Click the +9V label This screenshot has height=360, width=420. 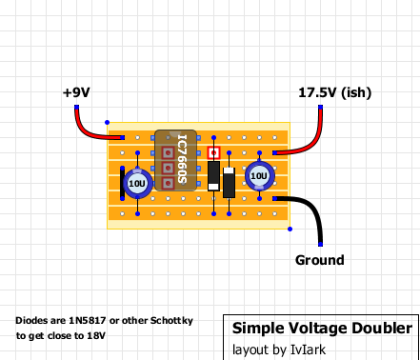click(x=76, y=93)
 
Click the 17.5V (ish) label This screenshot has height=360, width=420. click(x=334, y=93)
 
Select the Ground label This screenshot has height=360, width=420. click(x=319, y=260)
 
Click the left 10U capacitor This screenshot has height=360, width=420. click(x=138, y=182)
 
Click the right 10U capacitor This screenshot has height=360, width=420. click(x=258, y=176)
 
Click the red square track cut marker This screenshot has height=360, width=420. click(x=214, y=152)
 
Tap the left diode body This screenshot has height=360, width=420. click(x=214, y=176)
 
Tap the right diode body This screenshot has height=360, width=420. click(x=229, y=182)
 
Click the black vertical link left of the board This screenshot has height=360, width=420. click(x=122, y=184)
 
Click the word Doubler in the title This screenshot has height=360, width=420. click(x=383, y=328)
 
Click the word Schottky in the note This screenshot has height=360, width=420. click(x=170, y=321)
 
